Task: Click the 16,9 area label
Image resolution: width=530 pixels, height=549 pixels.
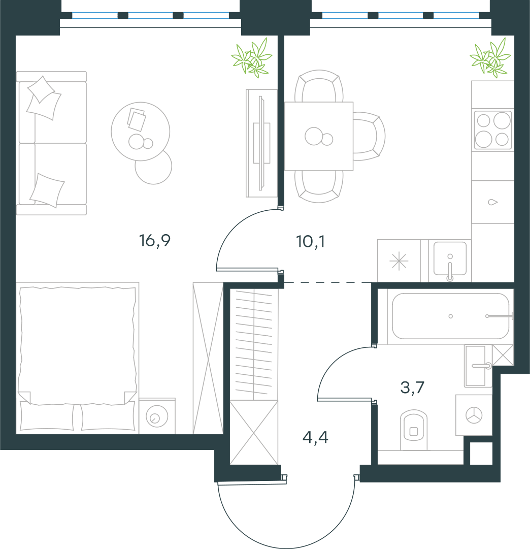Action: [x=155, y=241]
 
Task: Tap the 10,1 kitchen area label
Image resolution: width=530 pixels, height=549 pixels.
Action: [x=311, y=242]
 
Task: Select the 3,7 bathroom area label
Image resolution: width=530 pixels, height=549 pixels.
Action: [x=412, y=387]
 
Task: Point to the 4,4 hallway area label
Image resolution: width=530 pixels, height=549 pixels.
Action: [x=315, y=437]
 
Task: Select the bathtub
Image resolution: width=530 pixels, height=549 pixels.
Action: [x=450, y=316]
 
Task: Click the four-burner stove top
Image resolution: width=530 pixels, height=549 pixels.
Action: [x=492, y=130]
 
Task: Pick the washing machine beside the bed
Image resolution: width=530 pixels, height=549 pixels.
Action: [x=157, y=416]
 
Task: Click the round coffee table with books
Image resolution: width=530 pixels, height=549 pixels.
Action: [x=141, y=132]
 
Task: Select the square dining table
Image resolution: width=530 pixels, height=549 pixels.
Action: [x=319, y=136]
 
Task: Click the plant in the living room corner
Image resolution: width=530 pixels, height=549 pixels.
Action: [x=252, y=58]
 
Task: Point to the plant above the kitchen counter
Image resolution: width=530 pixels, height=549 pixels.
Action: [x=490, y=58]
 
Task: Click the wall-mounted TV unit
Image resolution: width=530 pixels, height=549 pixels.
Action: [x=261, y=143]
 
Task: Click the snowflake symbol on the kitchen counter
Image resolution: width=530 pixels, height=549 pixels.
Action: [x=399, y=261]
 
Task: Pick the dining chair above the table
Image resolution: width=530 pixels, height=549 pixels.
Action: [x=319, y=86]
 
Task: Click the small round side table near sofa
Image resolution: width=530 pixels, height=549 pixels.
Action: [x=154, y=167]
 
